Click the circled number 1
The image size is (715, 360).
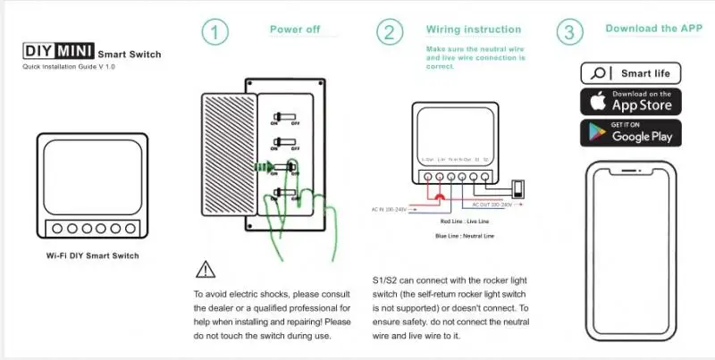tap(215, 32)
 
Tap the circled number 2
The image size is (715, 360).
tap(389, 32)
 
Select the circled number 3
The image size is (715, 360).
tap(569, 32)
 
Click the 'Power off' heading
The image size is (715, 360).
tap(295, 29)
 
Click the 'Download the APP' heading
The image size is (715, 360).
tap(654, 29)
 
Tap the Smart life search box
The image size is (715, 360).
tap(631, 73)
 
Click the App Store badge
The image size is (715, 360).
tap(631, 101)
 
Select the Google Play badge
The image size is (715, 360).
tap(631, 132)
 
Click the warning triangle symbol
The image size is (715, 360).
tap(205, 268)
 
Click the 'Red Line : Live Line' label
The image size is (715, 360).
tap(465, 221)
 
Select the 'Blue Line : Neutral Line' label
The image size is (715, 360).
tap(465, 236)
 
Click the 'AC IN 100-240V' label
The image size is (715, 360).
tap(391, 210)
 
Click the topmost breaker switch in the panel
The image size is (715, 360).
tap(285, 116)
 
